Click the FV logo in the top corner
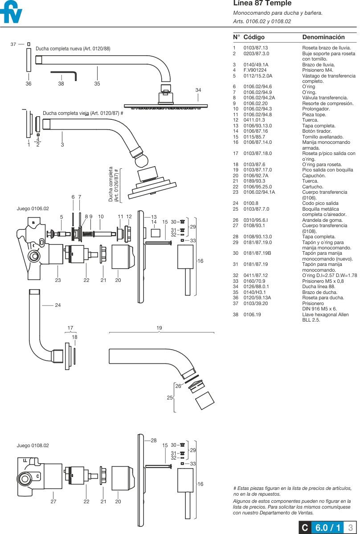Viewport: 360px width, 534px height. [11, 13]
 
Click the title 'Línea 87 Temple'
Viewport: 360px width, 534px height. [262, 4]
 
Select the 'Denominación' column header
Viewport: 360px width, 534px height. [323, 37]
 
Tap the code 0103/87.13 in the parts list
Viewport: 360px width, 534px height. [256, 48]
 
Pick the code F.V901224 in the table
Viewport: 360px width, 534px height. [255, 70]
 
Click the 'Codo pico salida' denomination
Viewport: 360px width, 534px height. [320, 204]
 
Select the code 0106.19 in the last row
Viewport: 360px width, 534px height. [252, 315]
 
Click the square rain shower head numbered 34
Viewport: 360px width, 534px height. [166, 106]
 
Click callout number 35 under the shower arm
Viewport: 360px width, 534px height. [97, 84]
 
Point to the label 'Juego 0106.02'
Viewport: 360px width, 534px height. [33, 208]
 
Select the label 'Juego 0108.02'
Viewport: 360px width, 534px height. [33, 445]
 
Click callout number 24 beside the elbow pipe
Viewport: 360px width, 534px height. [58, 306]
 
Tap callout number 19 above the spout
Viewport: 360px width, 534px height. [159, 328]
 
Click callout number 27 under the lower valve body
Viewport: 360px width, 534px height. [53, 501]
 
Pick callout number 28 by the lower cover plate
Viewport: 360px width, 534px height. [154, 440]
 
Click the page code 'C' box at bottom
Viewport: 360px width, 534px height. [305, 528]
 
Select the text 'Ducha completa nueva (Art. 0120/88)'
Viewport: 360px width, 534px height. [73, 49]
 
